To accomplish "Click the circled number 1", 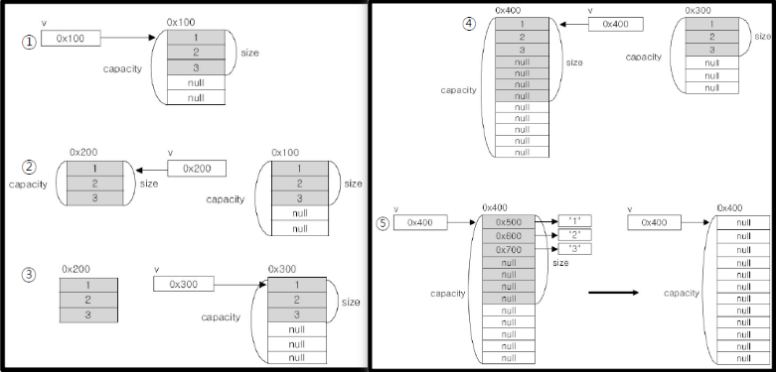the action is tap(29, 43).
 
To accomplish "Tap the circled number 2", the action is tap(29, 167).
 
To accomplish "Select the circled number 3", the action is tap(29, 275).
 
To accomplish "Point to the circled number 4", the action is tap(469, 24).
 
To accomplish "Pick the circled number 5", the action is tap(383, 223).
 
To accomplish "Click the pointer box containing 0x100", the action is tap(71, 38).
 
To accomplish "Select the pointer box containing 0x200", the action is tap(197, 169).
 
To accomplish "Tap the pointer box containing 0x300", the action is tap(184, 284).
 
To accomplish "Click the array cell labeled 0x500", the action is tap(509, 222).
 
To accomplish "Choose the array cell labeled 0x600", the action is tap(509, 236).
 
